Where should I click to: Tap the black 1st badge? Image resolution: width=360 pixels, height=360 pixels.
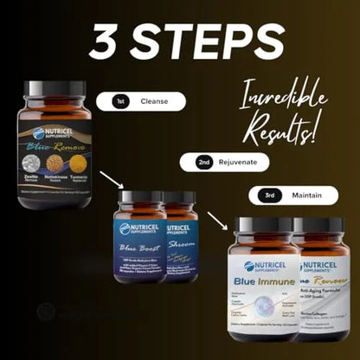(123, 101)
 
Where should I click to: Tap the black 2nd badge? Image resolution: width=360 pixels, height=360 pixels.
(204, 162)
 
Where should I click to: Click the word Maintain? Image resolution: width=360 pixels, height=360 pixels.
(306, 195)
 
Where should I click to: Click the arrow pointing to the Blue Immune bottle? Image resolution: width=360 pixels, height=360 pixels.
(219, 222)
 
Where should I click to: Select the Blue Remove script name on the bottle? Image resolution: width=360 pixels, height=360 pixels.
(56, 148)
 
